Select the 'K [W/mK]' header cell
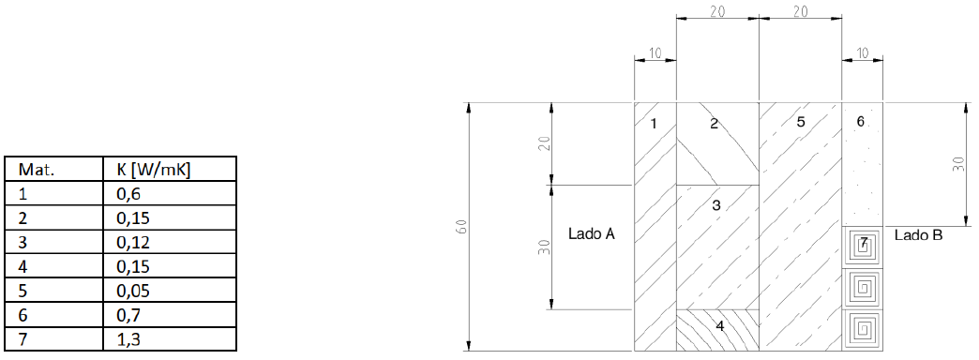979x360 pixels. click(153, 169)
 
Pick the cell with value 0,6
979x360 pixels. click(128, 194)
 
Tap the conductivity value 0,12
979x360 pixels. click(133, 242)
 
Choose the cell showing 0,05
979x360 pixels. click(133, 291)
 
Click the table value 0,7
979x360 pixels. click(128, 315)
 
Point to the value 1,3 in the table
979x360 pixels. click(128, 339)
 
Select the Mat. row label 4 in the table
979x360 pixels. click(23, 266)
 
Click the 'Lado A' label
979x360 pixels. click(592, 234)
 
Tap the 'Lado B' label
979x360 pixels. click(918, 235)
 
